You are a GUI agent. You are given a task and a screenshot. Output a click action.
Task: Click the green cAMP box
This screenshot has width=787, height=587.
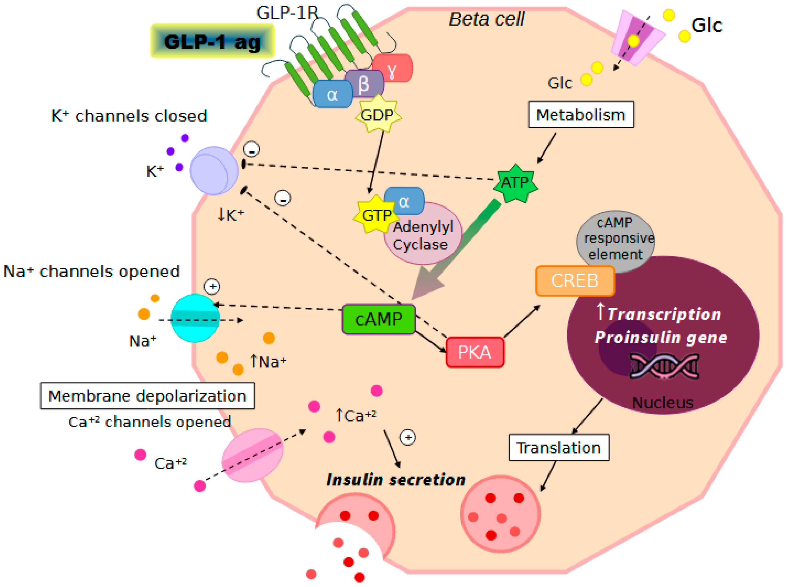pyautogui.click(x=378, y=319)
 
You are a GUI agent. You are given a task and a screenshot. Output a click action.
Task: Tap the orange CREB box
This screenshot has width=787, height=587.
pyautogui.click(x=575, y=281)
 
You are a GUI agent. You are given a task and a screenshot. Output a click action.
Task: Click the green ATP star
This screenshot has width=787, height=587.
pyautogui.click(x=515, y=183)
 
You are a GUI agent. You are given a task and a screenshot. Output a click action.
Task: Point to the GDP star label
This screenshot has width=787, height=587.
pyautogui.click(x=378, y=115)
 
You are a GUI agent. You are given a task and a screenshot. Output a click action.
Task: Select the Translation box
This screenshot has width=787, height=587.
pyautogui.click(x=559, y=447)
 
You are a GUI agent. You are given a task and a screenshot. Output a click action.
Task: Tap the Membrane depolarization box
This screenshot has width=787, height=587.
pyautogui.click(x=147, y=396)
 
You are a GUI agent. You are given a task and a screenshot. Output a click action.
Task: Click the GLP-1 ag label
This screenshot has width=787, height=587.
pyautogui.click(x=212, y=41)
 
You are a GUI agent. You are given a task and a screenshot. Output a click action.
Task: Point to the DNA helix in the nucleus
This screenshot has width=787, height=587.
pyautogui.click(x=664, y=366)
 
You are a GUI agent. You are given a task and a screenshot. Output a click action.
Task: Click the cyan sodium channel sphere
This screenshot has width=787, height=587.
pyautogui.click(x=195, y=318)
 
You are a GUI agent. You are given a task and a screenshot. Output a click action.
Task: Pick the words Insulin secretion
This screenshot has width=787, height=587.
pyautogui.click(x=396, y=480)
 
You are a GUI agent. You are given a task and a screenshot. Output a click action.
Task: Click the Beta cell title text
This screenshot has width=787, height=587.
pyautogui.click(x=487, y=19)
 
